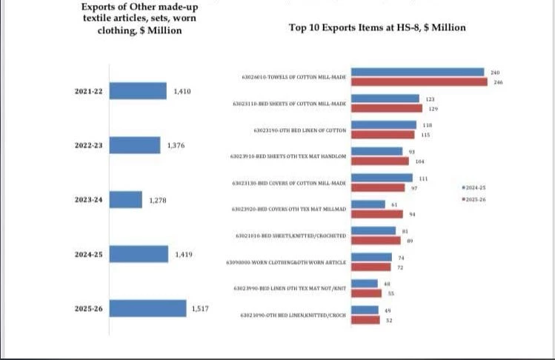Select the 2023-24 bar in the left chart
(x=125, y=200)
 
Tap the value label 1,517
(x=200, y=308)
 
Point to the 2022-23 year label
(x=89, y=145)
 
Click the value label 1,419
(x=184, y=254)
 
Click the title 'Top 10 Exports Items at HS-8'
(x=377, y=27)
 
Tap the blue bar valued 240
(x=417, y=72)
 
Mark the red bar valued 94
(x=377, y=214)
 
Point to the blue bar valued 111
(x=382, y=178)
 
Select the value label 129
(x=433, y=109)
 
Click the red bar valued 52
(x=366, y=320)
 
